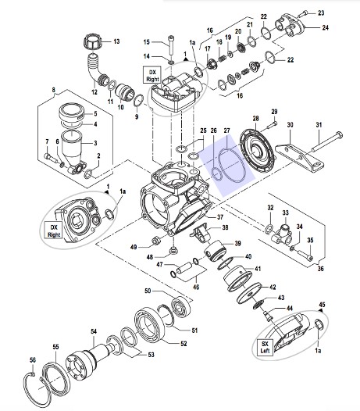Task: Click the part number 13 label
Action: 116,41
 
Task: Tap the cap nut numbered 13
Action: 92,41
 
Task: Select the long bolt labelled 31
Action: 327,141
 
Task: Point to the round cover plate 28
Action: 257,152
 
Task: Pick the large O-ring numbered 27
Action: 233,166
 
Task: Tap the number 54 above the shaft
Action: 94,331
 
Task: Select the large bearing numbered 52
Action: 149,325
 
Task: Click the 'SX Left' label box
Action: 265,347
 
